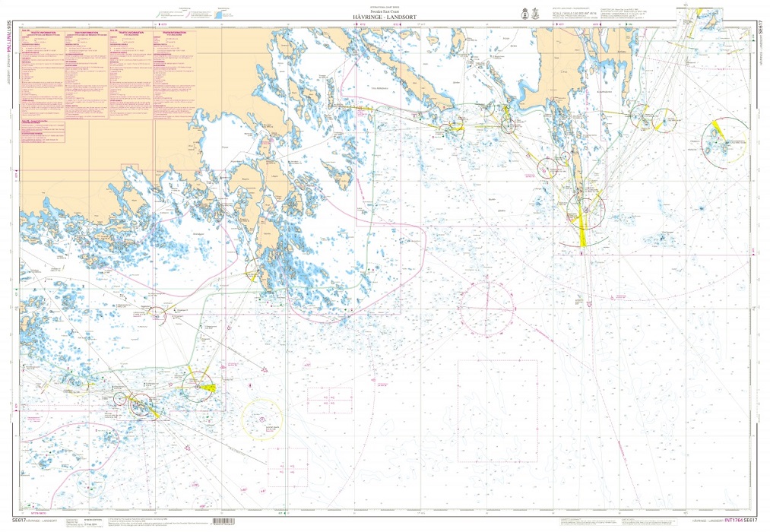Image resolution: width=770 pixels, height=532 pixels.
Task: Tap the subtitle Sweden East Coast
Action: (385, 11)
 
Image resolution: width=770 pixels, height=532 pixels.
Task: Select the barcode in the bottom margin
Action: (232, 522)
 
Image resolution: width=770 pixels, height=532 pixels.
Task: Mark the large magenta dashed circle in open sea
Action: (487, 309)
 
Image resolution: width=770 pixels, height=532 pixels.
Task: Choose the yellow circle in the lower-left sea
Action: (261, 420)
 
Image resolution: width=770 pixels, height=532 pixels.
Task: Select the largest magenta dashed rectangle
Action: (499, 410)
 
